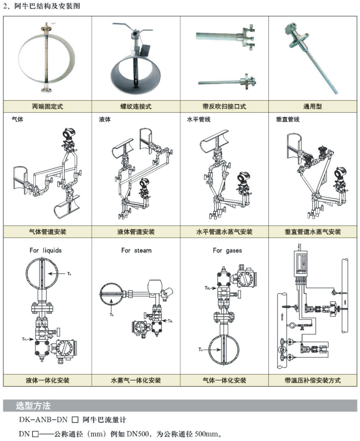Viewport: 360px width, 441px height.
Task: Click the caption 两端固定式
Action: [x=47, y=106]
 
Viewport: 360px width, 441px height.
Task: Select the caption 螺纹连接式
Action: [x=136, y=106]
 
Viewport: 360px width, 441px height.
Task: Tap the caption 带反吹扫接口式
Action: [x=224, y=106]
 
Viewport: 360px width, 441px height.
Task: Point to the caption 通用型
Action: [x=313, y=106]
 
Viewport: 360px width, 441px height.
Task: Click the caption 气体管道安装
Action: [x=47, y=232]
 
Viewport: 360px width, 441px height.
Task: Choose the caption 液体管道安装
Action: [x=136, y=232]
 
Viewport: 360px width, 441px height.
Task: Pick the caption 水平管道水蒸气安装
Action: [x=224, y=232]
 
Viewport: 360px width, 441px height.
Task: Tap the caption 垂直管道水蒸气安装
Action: [x=313, y=232]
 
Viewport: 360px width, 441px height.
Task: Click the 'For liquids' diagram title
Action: [x=46, y=250]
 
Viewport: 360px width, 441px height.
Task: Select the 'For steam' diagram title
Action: [x=136, y=250]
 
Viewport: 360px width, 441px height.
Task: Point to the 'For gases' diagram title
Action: [x=227, y=250]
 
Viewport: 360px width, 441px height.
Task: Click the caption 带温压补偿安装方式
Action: [x=313, y=380]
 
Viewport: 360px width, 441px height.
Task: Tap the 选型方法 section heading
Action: [x=33, y=406]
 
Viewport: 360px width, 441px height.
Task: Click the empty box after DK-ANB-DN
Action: [x=75, y=420]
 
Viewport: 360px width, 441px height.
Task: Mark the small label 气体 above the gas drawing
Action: [x=17, y=120]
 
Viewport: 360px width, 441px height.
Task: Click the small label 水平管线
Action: [x=199, y=120]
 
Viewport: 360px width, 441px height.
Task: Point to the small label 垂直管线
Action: [x=288, y=120]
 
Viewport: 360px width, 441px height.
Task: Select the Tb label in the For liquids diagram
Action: [x=69, y=273]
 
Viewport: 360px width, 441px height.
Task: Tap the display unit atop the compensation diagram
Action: [x=301, y=263]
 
